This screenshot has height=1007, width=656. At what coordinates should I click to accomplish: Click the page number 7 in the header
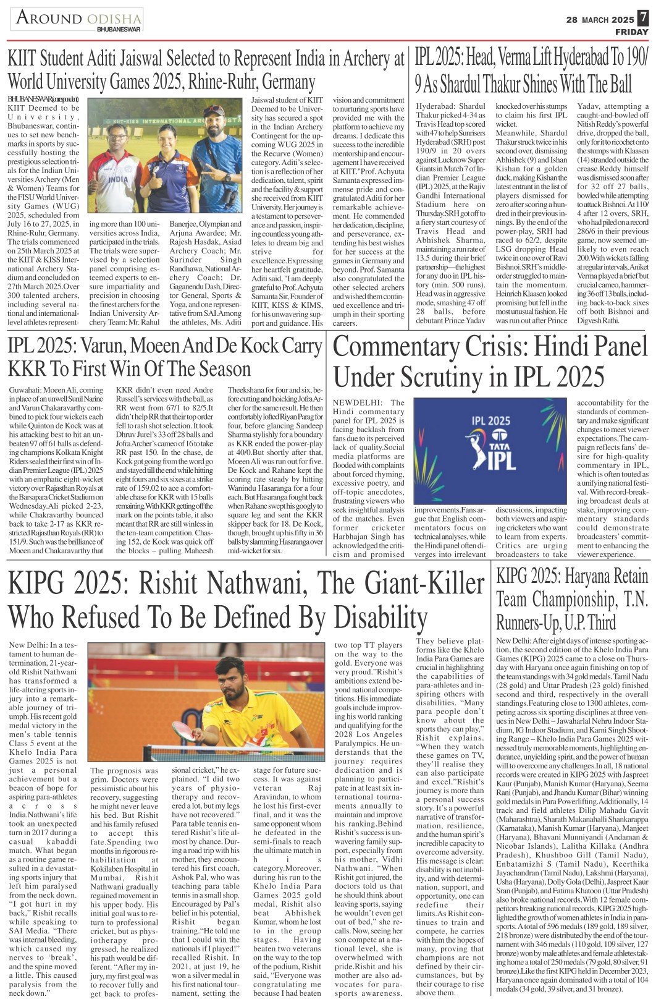(x=644, y=19)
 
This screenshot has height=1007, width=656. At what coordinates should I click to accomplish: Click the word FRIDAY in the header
(x=631, y=32)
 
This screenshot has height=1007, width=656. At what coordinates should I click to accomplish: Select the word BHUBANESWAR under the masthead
(x=119, y=29)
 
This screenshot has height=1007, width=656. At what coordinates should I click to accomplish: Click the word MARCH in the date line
(x=596, y=20)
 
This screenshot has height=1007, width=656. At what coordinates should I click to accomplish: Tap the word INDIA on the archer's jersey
(x=118, y=178)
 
